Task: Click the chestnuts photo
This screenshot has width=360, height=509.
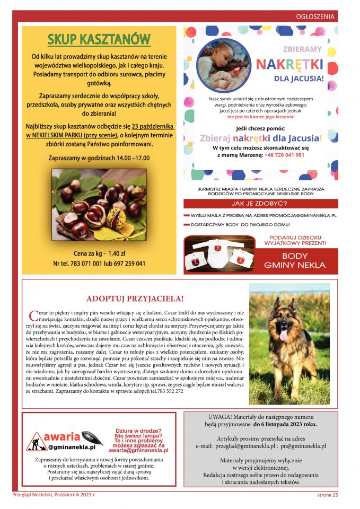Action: point(99,205)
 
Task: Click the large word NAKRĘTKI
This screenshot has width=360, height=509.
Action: point(289,65)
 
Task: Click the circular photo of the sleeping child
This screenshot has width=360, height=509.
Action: point(224,65)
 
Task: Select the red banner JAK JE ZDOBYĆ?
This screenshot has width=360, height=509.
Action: point(260,204)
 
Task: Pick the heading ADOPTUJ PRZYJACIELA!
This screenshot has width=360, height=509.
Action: point(135,299)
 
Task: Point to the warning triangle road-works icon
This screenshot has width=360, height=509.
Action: point(37,442)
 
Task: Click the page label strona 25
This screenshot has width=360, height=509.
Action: point(324,495)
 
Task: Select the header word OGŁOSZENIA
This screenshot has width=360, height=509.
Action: point(315,16)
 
